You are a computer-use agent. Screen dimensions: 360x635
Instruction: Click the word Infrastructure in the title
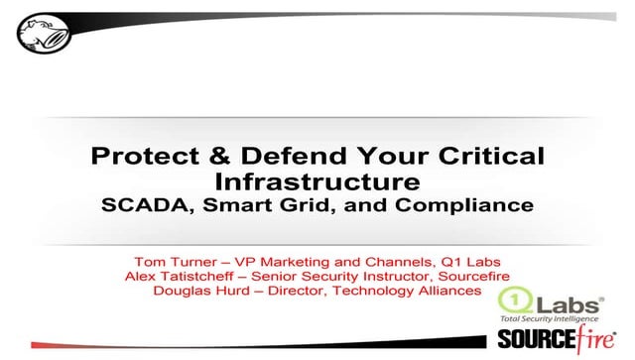(x=317, y=181)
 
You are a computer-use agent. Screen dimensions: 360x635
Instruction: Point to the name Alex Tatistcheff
(x=178, y=274)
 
